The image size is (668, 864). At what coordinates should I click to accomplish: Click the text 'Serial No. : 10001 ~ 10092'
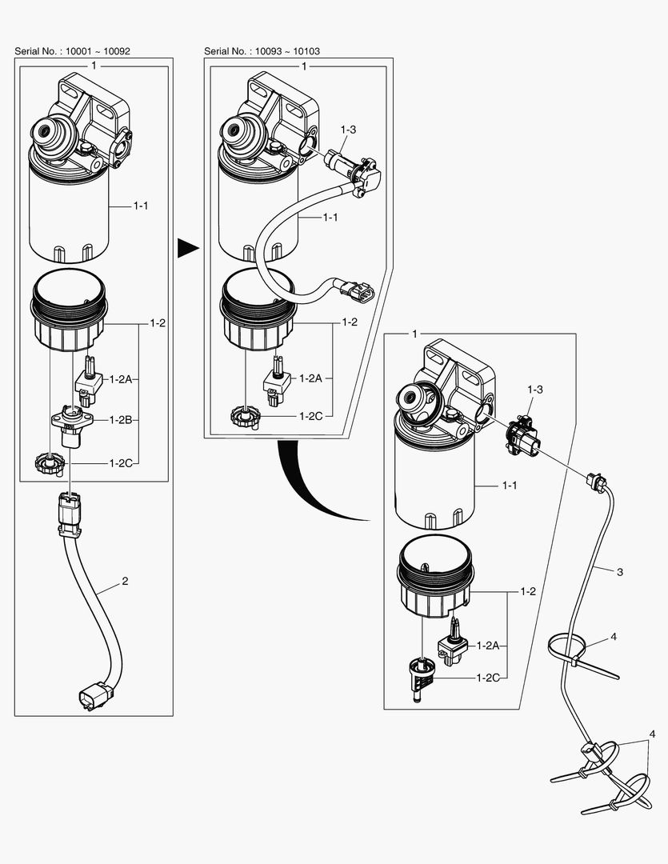click(x=72, y=50)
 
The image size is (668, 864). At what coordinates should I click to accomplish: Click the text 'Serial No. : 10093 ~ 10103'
click(x=262, y=50)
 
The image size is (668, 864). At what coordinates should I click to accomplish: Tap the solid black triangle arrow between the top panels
click(x=187, y=249)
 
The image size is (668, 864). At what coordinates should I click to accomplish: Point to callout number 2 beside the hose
click(x=125, y=582)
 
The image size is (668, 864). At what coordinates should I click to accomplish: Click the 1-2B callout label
click(x=120, y=420)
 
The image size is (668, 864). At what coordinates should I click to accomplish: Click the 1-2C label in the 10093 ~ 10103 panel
click(x=310, y=416)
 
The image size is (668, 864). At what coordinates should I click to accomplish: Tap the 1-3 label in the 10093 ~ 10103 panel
click(x=348, y=129)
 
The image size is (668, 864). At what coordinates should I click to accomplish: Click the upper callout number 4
click(x=613, y=637)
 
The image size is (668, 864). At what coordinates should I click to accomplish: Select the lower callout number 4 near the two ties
click(x=652, y=734)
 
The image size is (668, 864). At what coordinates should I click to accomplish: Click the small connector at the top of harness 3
click(x=595, y=481)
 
